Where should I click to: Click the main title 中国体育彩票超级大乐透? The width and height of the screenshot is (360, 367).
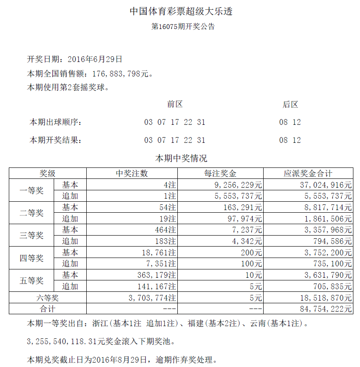[x=180, y=11]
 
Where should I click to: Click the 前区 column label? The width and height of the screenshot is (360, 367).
[x=175, y=105]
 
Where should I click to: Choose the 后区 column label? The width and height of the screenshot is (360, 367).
[x=290, y=105]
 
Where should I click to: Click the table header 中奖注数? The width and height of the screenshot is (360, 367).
[x=132, y=174]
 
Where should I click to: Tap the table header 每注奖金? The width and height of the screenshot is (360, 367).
[x=220, y=174]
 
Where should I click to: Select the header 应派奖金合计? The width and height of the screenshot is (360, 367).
[x=308, y=174]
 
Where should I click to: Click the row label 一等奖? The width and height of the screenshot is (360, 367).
[x=32, y=191]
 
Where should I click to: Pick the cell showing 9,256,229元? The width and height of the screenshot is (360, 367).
[x=237, y=185]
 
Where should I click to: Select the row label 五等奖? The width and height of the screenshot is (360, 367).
[x=32, y=281]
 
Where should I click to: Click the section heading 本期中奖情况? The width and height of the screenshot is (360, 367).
[x=181, y=158]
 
